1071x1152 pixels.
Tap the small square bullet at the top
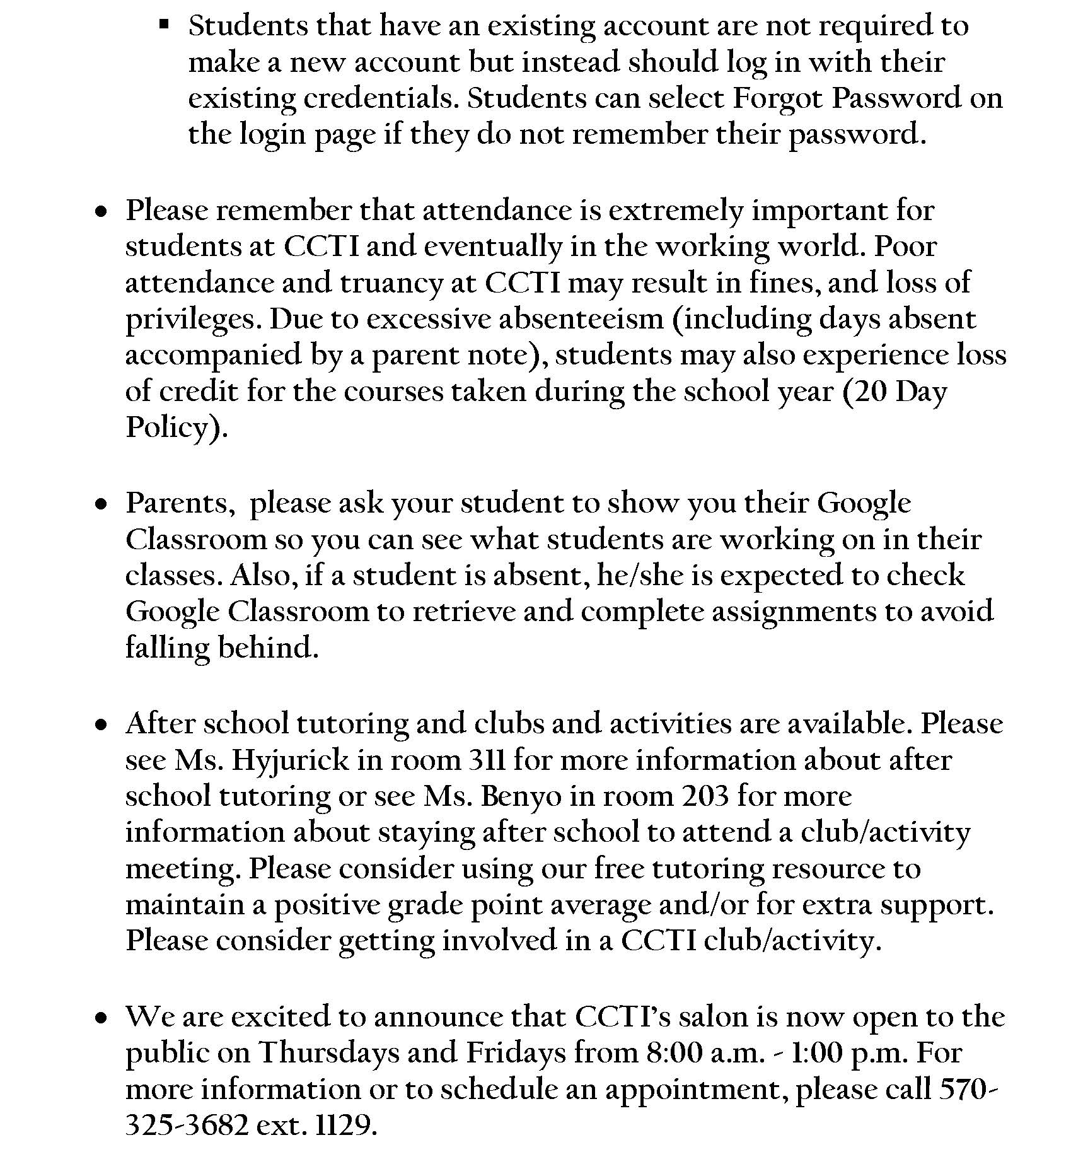point(164,25)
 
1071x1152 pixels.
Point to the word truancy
point(390,283)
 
